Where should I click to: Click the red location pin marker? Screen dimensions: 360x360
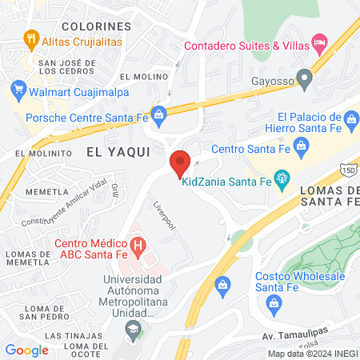(180, 162)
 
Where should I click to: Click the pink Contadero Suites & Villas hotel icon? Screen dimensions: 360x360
(320, 40)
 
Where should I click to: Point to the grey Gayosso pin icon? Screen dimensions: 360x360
(304, 78)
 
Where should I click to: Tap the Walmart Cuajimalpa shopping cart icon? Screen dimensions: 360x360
(16, 87)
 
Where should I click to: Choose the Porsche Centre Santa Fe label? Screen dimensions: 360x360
(88, 118)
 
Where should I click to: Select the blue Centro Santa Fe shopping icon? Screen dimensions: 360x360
(302, 146)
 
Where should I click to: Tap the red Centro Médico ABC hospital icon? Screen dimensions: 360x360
(138, 245)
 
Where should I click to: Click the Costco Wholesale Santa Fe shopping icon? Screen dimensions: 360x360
(276, 302)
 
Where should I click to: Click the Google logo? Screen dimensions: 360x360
(27, 350)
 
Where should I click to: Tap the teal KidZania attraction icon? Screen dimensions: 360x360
(282, 177)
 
